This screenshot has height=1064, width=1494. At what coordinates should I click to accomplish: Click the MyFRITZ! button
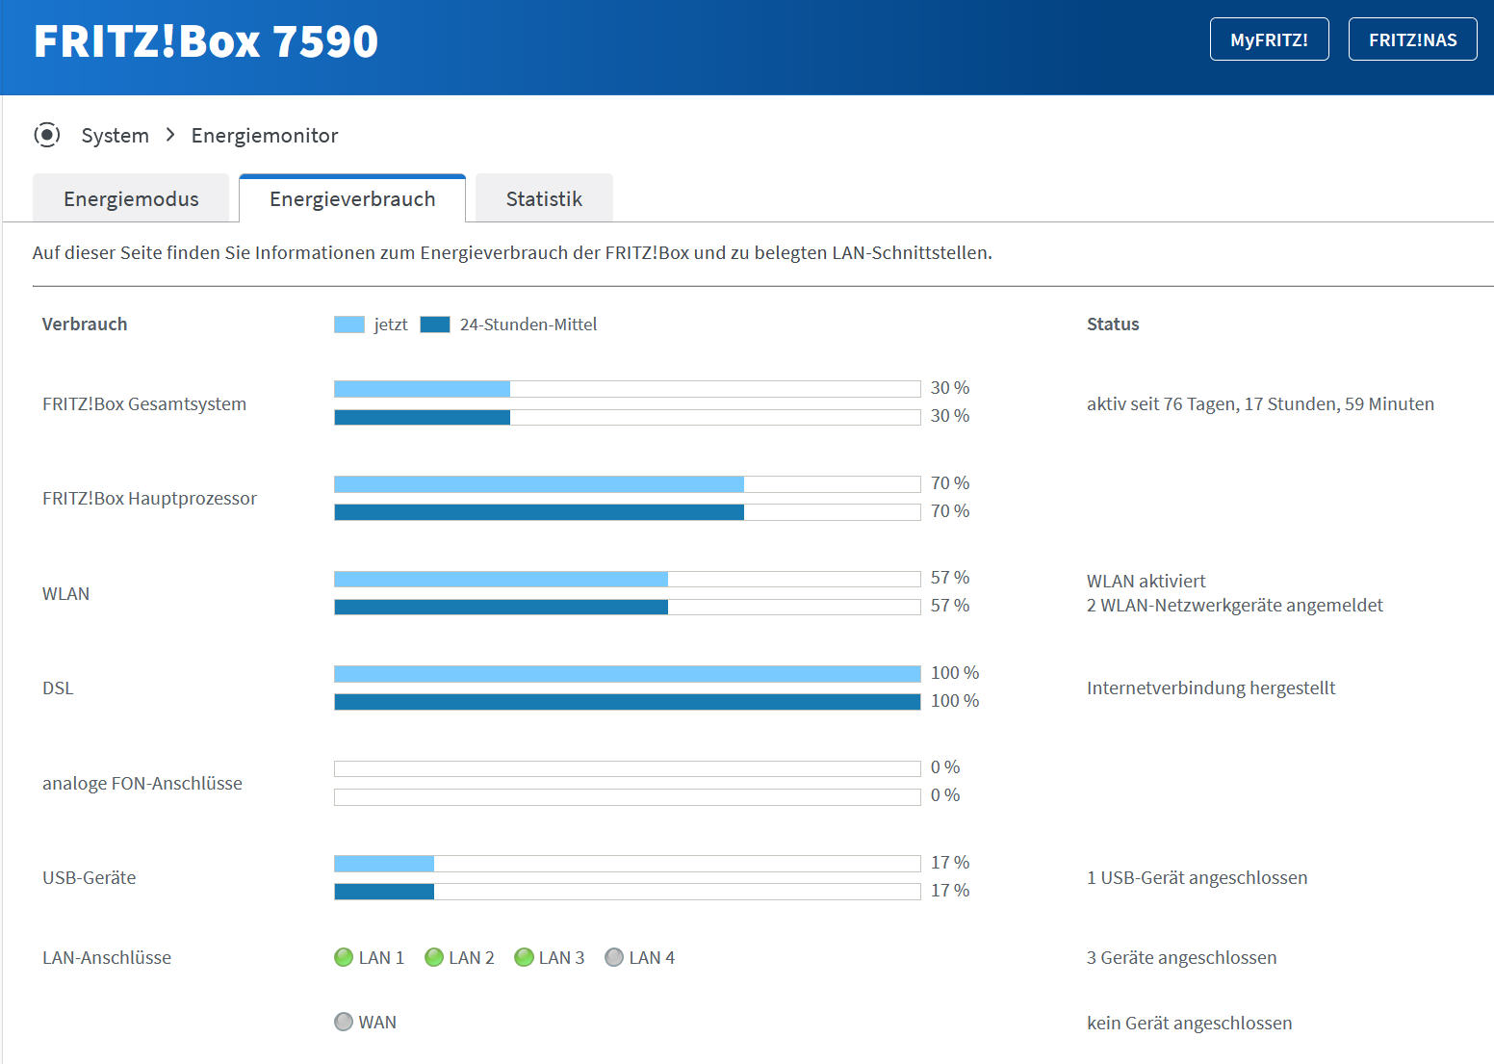tap(1270, 39)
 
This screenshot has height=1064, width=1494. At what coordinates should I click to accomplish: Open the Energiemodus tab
tap(131, 198)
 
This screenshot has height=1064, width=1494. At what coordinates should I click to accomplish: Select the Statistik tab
tap(544, 198)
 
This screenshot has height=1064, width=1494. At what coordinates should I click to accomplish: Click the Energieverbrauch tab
tap(352, 198)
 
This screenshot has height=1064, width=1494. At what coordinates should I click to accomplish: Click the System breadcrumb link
tap(115, 136)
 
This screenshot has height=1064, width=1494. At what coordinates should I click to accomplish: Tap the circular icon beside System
tap(46, 135)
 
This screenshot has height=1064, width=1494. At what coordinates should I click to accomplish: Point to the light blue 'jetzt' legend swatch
tap(348, 324)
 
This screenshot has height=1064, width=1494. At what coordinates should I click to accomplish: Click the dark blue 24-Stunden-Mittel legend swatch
tap(435, 324)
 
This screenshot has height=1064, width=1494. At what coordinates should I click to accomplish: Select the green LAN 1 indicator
tap(344, 957)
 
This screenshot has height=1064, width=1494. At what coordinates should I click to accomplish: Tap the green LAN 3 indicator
tap(525, 957)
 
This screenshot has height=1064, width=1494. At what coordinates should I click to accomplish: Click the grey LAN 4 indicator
tap(614, 957)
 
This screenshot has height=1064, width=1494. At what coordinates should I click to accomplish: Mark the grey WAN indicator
tap(344, 1022)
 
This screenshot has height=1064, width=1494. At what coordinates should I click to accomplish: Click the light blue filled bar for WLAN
tap(501, 579)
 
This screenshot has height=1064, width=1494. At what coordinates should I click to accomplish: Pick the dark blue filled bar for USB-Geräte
tap(384, 892)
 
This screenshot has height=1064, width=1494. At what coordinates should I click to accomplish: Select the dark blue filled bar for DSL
tap(628, 702)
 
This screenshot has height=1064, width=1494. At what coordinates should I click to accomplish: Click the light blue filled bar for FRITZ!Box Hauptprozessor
tap(539, 484)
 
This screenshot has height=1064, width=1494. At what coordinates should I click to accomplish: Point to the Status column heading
tap(1113, 324)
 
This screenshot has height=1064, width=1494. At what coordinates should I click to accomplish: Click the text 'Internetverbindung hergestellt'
tap(1211, 688)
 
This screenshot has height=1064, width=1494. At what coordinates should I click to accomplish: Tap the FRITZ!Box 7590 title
tap(206, 41)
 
